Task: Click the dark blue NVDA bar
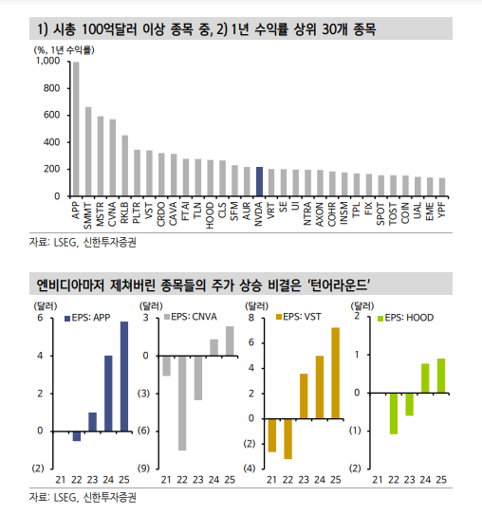259,182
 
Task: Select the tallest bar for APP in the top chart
76,129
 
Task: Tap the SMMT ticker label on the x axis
88,215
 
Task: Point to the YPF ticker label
442,210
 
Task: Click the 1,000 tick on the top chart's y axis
48,61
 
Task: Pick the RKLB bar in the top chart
125,166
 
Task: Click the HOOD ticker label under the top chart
210,215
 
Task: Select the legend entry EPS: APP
87,318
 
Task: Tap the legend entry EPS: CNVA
191,317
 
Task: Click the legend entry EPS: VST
298,317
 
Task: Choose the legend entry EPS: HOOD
405,318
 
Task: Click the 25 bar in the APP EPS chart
124,377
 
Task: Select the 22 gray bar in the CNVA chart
182,403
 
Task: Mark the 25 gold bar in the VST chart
336,373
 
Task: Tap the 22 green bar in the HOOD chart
394,414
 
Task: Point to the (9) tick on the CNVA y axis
143,468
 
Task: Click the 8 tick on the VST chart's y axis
251,318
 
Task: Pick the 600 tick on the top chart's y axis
51,115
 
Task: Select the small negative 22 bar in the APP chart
77,436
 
